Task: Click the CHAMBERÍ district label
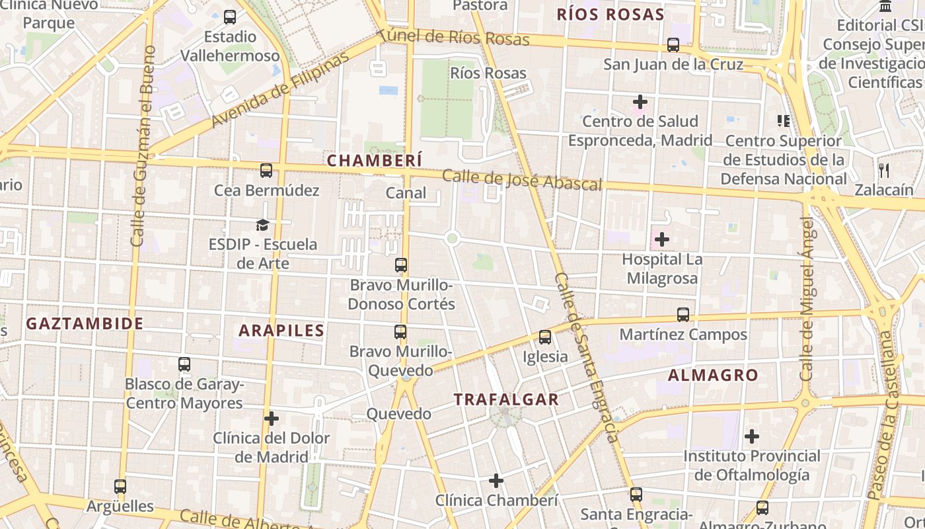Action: point(374,161)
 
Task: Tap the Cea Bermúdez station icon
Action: point(266,171)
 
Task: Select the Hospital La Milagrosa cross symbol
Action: point(661,239)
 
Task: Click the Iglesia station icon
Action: point(545,337)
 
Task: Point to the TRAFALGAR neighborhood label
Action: point(506,399)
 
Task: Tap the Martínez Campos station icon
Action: point(683,315)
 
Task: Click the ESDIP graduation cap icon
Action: point(263,225)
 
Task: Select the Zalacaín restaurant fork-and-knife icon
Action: point(884,170)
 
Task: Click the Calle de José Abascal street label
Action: point(522,180)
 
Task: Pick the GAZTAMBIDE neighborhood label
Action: point(85,324)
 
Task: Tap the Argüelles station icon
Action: point(120,487)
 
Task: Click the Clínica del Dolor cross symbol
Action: point(272,419)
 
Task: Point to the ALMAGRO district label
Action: point(713,376)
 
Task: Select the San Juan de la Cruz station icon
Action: point(673,45)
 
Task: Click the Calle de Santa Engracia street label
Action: point(587,357)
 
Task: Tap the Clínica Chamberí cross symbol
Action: point(496,481)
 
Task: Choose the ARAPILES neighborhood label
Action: point(281,331)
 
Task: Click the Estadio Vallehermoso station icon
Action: point(230,17)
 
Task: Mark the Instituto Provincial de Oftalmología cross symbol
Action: point(751,436)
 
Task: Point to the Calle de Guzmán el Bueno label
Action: point(143,145)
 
